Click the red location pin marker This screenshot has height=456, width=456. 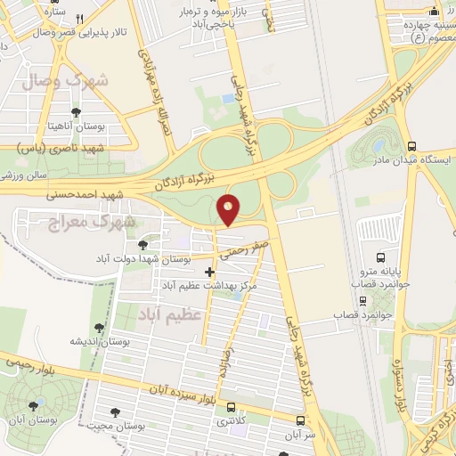[x=229, y=210]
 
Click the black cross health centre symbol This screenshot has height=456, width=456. [x=210, y=272]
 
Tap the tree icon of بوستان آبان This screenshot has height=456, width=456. [x=34, y=405]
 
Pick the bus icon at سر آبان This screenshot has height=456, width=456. [x=300, y=420]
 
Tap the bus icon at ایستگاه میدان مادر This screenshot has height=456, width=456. [x=411, y=145]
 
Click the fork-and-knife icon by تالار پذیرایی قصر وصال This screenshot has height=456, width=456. [x=80, y=20]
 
